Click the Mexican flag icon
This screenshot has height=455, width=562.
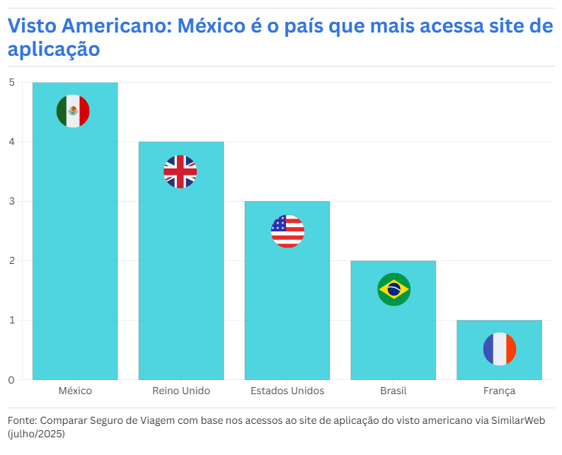(73, 111)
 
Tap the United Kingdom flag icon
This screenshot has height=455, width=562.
(180, 171)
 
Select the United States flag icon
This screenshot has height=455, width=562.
(287, 231)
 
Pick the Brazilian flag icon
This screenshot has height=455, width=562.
(394, 289)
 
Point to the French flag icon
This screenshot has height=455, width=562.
(500, 349)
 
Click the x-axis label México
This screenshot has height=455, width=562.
(75, 391)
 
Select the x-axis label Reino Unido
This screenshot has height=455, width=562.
(181, 391)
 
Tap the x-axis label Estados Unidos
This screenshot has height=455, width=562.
(287, 391)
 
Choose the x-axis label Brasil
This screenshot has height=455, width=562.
(394, 391)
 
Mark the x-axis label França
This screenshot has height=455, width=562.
(500, 391)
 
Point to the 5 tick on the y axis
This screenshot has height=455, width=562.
(11, 82)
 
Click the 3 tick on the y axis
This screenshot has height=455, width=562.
(11, 202)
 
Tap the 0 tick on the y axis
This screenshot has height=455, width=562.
(11, 380)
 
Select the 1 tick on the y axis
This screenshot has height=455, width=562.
(11, 321)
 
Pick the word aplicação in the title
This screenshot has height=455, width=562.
(54, 50)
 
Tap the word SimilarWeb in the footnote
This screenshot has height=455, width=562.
(518, 420)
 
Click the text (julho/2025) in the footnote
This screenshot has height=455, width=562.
(36, 433)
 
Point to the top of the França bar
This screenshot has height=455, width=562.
(500, 321)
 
